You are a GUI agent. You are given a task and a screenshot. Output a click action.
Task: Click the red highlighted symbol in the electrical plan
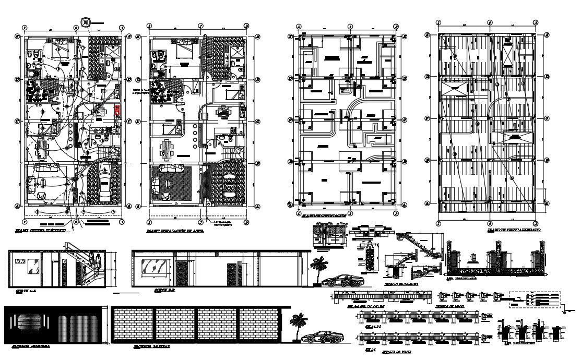[117, 110]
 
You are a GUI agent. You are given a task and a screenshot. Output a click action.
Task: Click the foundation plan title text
[323, 215]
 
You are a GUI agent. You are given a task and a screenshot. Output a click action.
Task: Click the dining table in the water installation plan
[167, 149]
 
